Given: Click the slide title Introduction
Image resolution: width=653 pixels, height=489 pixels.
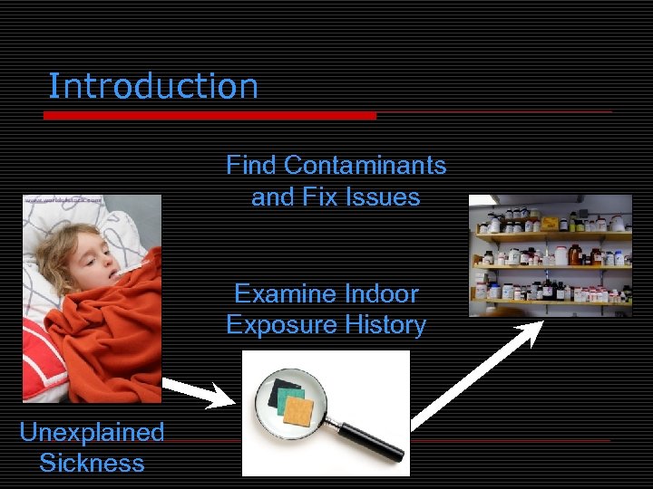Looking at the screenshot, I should [x=152, y=87].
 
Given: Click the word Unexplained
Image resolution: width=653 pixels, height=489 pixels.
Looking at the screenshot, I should [x=92, y=433].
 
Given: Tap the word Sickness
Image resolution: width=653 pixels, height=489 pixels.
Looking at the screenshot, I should [x=92, y=464].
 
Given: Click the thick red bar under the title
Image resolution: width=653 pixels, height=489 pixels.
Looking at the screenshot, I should [x=209, y=116].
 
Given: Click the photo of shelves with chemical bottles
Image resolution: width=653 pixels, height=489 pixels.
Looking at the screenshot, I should [x=551, y=255].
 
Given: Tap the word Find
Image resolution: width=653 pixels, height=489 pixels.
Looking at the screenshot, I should [x=251, y=166].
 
